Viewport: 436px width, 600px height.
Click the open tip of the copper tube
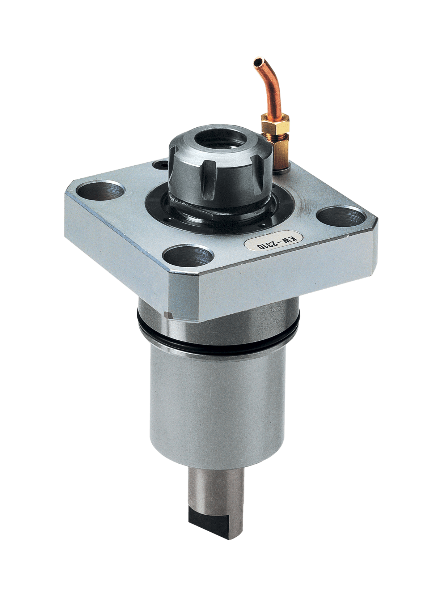click(x=258, y=63)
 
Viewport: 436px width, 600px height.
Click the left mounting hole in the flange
click(x=101, y=191)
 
